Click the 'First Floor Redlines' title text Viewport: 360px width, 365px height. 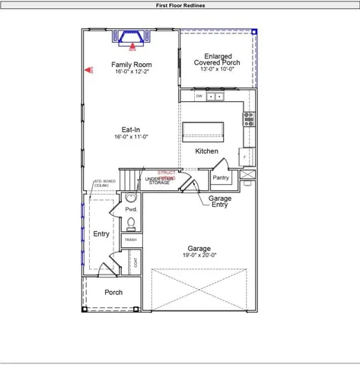click(180, 5)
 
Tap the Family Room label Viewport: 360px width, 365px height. click(131, 65)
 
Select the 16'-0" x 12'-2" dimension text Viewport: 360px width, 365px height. click(131, 72)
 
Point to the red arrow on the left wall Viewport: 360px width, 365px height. click(88, 70)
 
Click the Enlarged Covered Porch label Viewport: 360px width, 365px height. click(216, 59)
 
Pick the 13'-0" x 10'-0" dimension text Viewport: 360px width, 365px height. click(216, 69)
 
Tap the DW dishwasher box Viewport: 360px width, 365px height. click(199, 97)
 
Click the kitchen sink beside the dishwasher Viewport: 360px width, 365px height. click(215, 97)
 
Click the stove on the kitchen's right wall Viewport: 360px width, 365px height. click(248, 119)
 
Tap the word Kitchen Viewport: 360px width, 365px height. click(206, 151)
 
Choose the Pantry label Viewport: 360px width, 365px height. click(221, 177)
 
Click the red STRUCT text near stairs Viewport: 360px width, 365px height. click(166, 173)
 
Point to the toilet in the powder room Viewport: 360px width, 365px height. click(131, 223)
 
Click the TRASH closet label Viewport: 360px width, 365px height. click(131, 240)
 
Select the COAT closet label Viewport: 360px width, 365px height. click(135, 263)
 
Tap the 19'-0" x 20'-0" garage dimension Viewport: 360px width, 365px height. click(199, 256)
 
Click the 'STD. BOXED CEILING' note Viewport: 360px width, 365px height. click(104, 183)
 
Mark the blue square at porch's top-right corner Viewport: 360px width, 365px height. click(254, 32)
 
